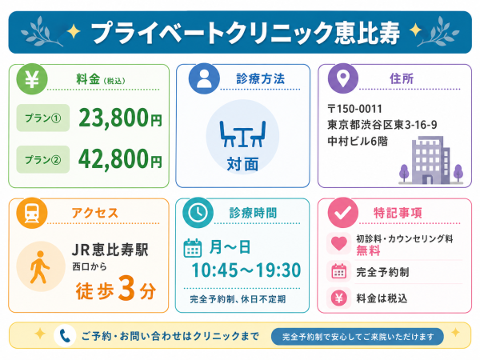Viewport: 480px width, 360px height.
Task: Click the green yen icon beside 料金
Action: [x=32, y=79]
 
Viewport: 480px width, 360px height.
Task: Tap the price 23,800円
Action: [x=120, y=118]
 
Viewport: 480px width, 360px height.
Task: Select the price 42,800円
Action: [x=120, y=159]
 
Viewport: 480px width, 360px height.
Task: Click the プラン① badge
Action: [x=43, y=118]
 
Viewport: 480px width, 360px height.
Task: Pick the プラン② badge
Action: [x=43, y=159]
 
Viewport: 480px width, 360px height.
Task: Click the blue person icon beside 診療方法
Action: [x=204, y=78]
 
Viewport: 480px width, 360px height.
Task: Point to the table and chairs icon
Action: [x=242, y=134]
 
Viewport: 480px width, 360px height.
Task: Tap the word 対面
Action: [x=242, y=164]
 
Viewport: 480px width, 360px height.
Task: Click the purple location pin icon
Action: [x=343, y=78]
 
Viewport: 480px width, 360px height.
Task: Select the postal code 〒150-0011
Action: [x=354, y=109]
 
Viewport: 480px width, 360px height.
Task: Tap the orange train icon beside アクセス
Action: [x=32, y=213]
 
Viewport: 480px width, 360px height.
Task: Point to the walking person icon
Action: [x=40, y=267]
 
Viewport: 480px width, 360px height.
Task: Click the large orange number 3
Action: [x=126, y=288]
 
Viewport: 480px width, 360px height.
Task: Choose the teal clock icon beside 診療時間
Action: [x=198, y=213]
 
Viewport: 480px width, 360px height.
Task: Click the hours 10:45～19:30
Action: [x=246, y=270]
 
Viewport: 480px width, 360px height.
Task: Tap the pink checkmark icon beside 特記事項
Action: [x=343, y=213]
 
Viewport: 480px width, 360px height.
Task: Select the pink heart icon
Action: [x=338, y=244]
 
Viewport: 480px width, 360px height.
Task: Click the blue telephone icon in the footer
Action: [x=65, y=336]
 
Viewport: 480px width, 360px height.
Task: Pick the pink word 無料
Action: [x=368, y=250]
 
